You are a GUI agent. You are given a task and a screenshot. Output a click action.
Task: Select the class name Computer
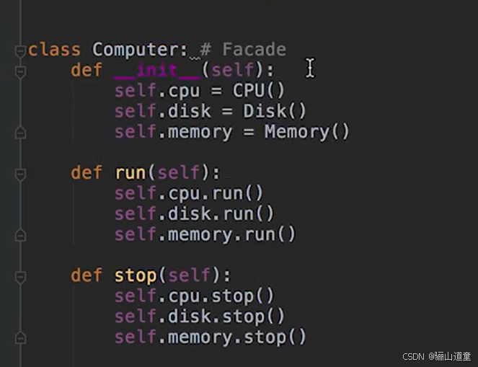click(x=139, y=50)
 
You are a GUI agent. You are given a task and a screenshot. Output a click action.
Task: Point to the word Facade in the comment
click(x=254, y=50)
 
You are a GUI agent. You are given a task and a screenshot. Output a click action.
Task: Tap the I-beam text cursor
click(x=310, y=68)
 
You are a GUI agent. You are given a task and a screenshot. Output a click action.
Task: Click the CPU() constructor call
click(x=259, y=91)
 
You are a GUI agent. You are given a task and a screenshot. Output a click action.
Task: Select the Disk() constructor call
click(x=275, y=112)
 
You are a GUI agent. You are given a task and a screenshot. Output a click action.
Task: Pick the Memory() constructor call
click(x=306, y=132)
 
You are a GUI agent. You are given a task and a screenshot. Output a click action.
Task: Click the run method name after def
click(x=130, y=173)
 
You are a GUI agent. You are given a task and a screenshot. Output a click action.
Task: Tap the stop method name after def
click(x=136, y=276)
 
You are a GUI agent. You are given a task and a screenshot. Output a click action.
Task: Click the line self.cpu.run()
click(x=189, y=194)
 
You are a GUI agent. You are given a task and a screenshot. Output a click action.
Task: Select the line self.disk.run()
click(x=195, y=214)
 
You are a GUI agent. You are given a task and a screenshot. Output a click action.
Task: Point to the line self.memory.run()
click(x=205, y=235)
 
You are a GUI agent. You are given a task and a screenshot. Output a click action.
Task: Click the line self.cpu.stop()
click(x=195, y=296)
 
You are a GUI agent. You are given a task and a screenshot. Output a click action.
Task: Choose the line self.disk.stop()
click(x=200, y=317)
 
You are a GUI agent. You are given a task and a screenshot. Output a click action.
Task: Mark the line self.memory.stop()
click(x=211, y=337)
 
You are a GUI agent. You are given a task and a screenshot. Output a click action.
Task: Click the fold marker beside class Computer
click(x=20, y=51)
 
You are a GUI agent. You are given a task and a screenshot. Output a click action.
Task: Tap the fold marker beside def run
click(x=20, y=174)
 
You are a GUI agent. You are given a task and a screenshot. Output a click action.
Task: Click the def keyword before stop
click(x=87, y=276)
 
